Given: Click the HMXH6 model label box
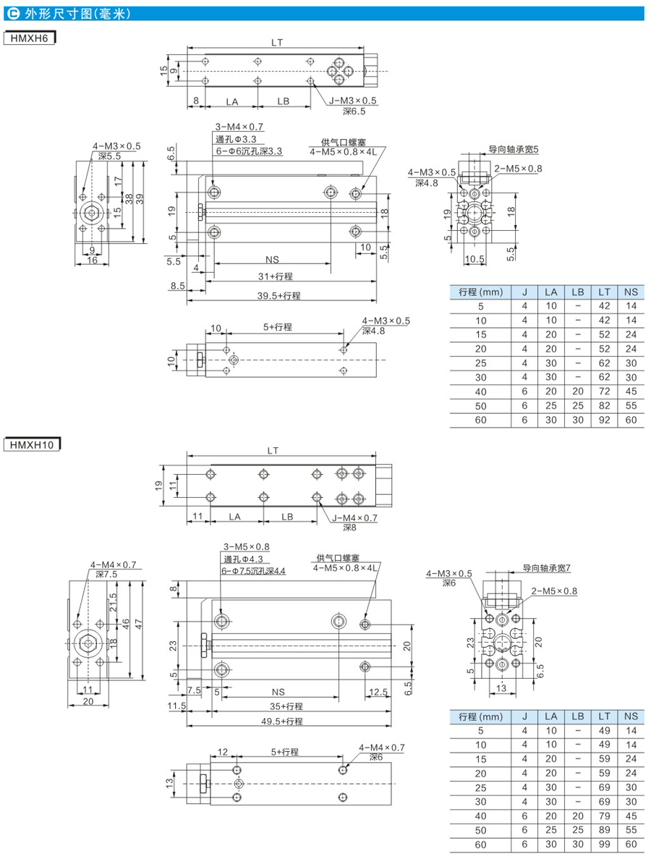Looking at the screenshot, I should click(x=30, y=38).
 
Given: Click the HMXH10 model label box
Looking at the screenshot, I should click(x=33, y=444).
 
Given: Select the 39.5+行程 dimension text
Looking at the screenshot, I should click(x=279, y=295).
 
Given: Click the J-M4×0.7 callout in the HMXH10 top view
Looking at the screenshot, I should click(x=354, y=517).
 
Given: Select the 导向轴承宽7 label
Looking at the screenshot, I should click(x=547, y=568).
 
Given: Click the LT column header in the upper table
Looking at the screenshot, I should click(x=603, y=292).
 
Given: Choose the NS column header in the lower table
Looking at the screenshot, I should click(x=631, y=716).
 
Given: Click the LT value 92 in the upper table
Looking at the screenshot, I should click(x=603, y=420).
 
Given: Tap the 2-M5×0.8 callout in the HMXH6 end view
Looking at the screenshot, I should click(x=518, y=169).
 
